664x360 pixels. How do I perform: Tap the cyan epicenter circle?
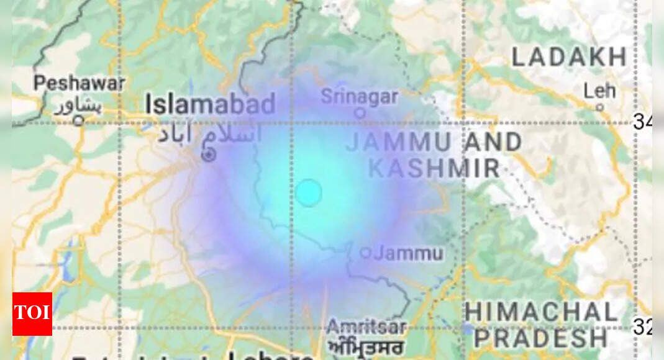click(x=308, y=192)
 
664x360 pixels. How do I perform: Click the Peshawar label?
click(x=80, y=83)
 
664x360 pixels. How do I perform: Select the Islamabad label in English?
click(x=210, y=104)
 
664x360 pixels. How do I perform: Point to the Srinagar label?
click(x=359, y=97)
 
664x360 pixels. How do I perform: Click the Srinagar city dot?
click(x=359, y=113)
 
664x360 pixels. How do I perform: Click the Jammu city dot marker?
click(x=366, y=253)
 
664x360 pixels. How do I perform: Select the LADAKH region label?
click(x=569, y=57)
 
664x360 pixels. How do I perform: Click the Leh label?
click(x=599, y=91)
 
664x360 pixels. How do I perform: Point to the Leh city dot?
click(x=599, y=107)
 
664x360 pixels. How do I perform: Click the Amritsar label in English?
click(x=366, y=326)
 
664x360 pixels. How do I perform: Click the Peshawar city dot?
click(x=78, y=120)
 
